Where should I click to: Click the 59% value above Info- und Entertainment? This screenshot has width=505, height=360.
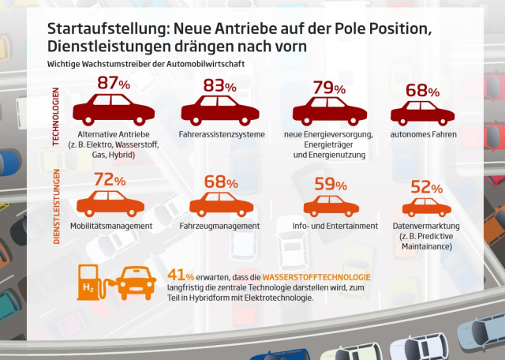click(330, 186)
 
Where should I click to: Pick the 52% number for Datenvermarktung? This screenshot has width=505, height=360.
click(427, 187)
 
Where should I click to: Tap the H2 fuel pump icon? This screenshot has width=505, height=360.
click(92, 284)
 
